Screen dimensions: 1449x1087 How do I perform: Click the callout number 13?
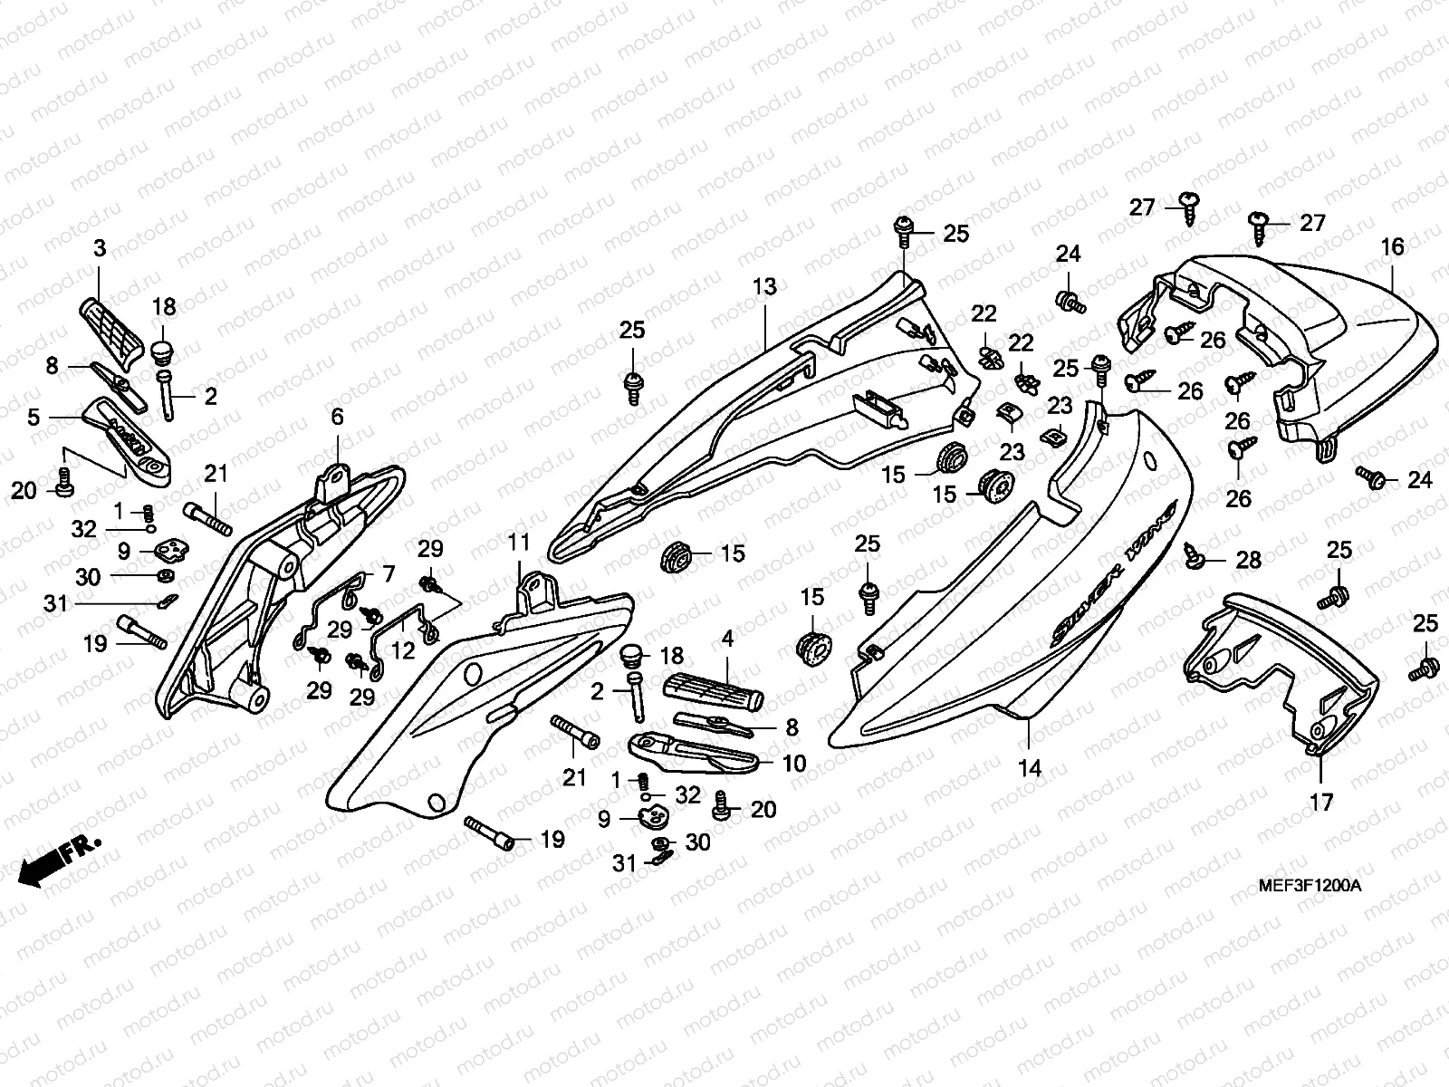(x=764, y=288)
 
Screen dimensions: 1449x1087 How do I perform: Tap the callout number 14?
(x=1030, y=769)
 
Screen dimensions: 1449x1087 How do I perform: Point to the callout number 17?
(x=1321, y=802)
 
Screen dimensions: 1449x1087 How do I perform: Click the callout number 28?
(x=1249, y=561)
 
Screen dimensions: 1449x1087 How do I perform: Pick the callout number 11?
(x=518, y=543)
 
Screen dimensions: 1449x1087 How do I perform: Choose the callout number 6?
(x=337, y=418)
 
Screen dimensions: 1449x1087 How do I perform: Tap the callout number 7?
(x=389, y=573)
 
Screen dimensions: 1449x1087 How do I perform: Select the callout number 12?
(x=403, y=650)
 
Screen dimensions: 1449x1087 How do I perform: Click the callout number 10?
(x=793, y=764)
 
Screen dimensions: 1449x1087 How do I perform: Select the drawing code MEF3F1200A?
(x=1310, y=885)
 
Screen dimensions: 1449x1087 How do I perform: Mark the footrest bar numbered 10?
(x=693, y=751)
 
